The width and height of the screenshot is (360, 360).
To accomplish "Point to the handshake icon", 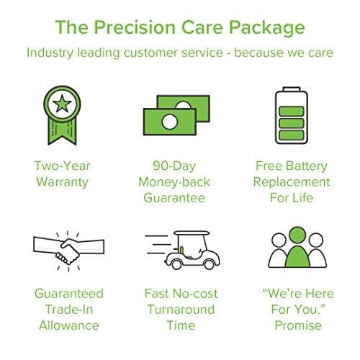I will point(68,250).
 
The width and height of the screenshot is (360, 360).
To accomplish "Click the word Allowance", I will point(68,326).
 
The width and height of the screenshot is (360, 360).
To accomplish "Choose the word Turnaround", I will point(180,309).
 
